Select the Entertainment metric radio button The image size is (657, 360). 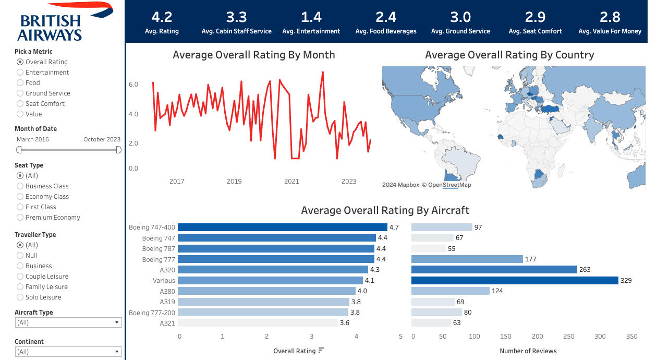(20, 73)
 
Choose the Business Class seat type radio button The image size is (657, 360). (20, 186)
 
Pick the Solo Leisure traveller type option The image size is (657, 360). (20, 297)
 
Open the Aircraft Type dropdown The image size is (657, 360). (68, 322)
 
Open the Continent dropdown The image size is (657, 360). (68, 352)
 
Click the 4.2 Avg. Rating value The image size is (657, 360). (162, 17)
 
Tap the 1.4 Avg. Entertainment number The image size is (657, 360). (311, 17)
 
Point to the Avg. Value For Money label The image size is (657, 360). (610, 31)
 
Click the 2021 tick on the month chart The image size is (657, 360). (291, 181)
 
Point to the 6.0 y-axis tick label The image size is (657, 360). (133, 85)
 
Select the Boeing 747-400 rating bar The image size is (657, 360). (282, 227)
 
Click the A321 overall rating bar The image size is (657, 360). (258, 323)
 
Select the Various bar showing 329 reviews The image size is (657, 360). (515, 281)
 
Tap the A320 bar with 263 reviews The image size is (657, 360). (494, 270)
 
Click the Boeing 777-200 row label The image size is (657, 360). (152, 313)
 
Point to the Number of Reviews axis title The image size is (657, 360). (528, 351)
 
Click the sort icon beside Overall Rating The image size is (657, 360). (321, 351)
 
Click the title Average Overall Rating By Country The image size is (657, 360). (509, 55)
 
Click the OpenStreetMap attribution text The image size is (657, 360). (446, 185)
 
